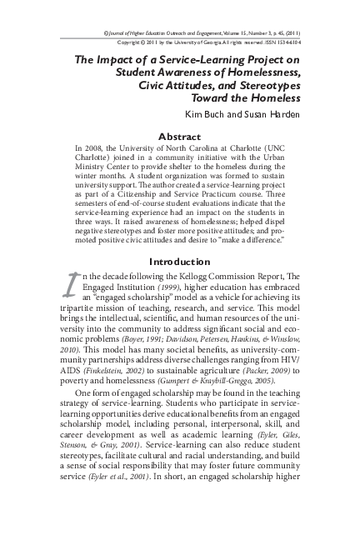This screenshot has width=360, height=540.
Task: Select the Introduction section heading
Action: tap(179, 261)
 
